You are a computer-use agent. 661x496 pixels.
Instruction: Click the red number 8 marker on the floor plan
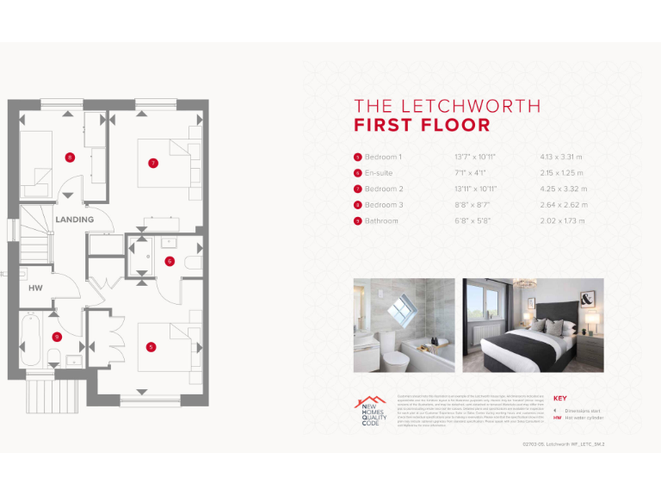(x=70, y=157)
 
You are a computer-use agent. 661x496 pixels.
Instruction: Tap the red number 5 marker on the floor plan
(x=151, y=347)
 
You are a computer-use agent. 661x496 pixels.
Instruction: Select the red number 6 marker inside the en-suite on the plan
(x=170, y=261)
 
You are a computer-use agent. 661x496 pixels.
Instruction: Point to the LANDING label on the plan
(x=75, y=220)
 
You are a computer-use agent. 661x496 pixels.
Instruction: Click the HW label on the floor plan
(x=35, y=288)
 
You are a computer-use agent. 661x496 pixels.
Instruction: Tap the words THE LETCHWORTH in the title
(x=448, y=107)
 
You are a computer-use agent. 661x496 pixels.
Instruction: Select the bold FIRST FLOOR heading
(x=422, y=126)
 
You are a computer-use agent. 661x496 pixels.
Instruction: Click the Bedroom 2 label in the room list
(x=383, y=189)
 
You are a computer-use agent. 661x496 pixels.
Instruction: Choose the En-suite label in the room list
(x=379, y=173)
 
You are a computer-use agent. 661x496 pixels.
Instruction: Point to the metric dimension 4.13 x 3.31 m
(x=561, y=158)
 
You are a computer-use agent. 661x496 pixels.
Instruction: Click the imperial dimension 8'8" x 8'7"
(x=472, y=205)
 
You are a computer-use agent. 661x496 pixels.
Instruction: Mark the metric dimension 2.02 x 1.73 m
(x=561, y=221)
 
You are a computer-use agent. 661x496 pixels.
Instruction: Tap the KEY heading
(x=559, y=398)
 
